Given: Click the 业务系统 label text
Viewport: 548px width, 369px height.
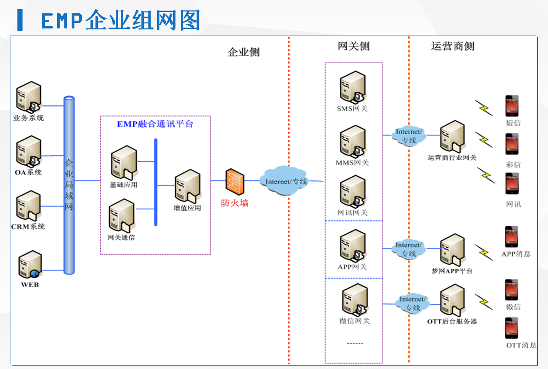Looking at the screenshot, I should (x=28, y=118).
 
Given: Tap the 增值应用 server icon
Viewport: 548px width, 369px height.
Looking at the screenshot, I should (x=187, y=186).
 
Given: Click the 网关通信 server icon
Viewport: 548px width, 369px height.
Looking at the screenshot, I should (x=122, y=217).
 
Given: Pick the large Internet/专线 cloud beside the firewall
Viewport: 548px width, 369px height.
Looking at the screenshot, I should (x=286, y=181).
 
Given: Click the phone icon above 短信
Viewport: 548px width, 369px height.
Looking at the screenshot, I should (x=512, y=106).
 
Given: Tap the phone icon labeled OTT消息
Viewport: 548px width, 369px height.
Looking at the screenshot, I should (x=512, y=328).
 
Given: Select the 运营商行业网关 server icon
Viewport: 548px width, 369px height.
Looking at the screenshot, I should (x=452, y=136).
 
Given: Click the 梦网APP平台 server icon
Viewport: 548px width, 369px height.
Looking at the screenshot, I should (x=452, y=250).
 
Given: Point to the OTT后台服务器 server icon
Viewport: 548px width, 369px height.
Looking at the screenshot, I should (x=452, y=300).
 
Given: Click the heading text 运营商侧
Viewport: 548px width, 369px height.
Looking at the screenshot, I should (x=452, y=46).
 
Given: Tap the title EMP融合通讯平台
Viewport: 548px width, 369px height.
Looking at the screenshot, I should (x=155, y=124).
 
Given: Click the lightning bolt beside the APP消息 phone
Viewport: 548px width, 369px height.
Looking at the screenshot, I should (x=483, y=252).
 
